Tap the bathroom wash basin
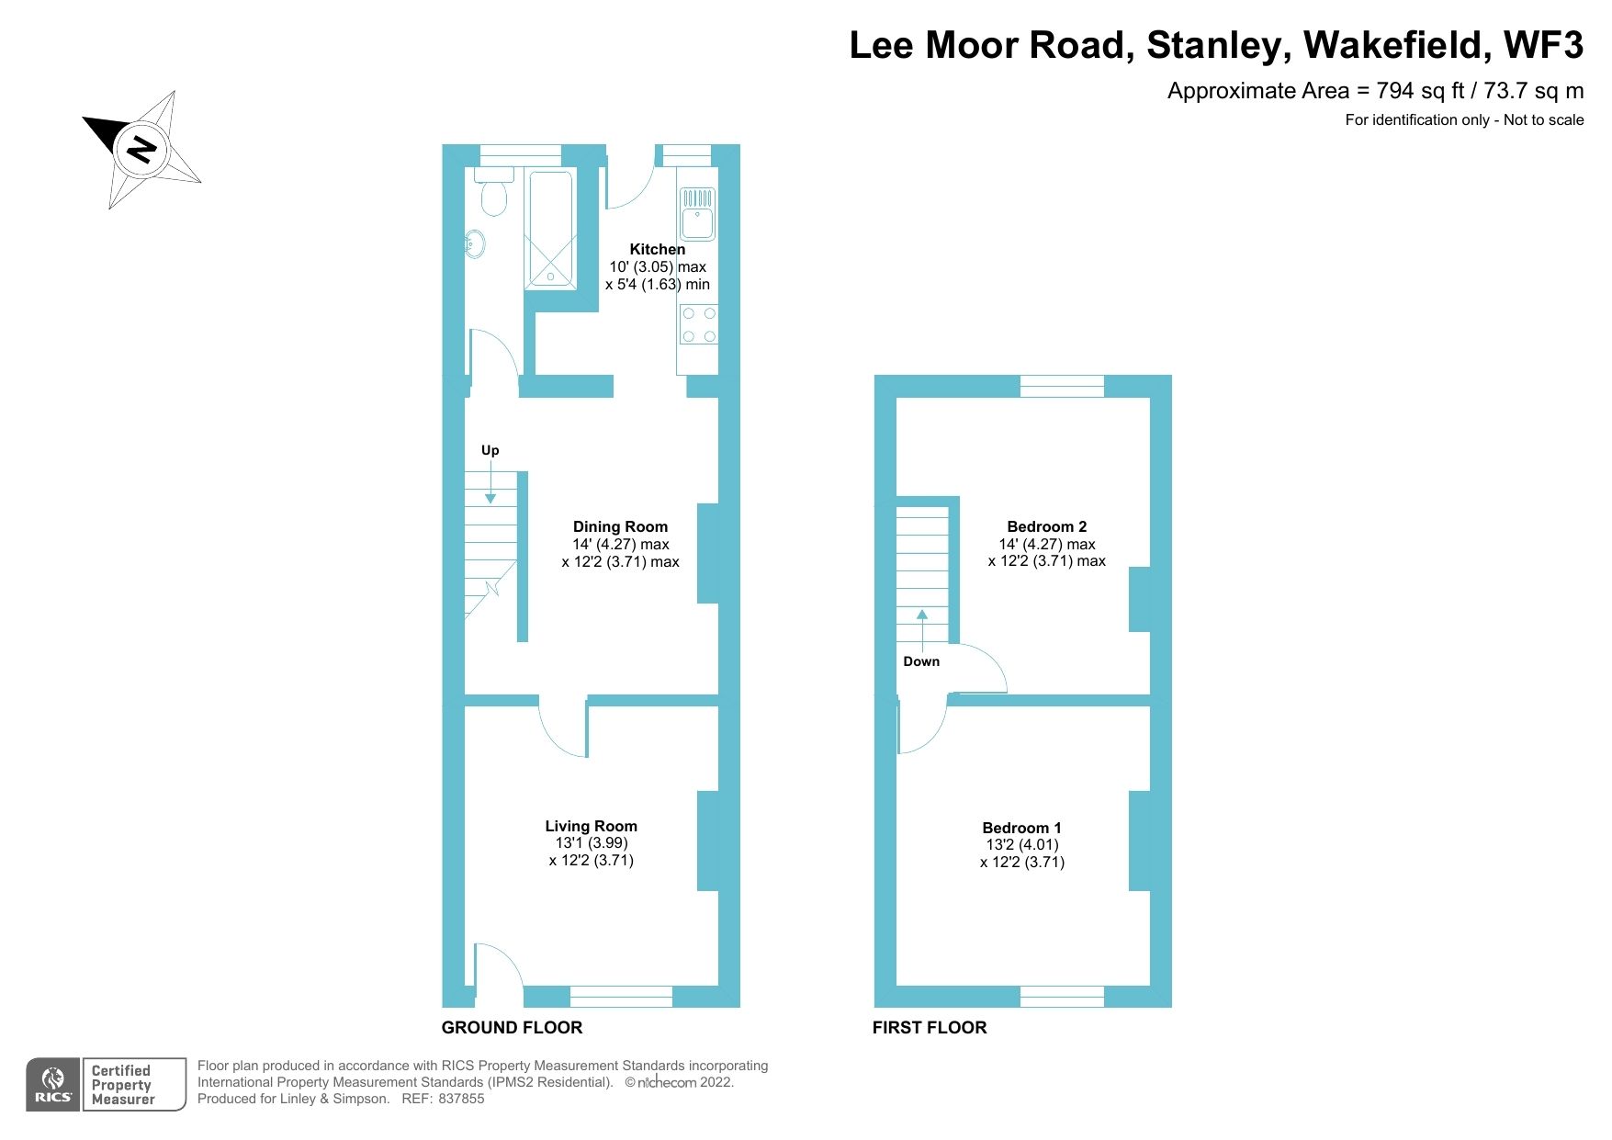pyautogui.click(x=475, y=244)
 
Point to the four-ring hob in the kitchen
pyautogui.click(x=698, y=325)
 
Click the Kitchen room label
pyautogui.click(x=657, y=249)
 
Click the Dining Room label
pyautogui.click(x=620, y=526)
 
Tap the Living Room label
pyautogui.click(x=591, y=826)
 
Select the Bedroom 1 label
pyautogui.click(x=1021, y=828)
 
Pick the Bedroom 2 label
pyautogui.click(x=1046, y=526)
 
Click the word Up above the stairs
pyautogui.click(x=490, y=450)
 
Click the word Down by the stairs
pyautogui.click(x=921, y=661)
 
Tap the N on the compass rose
pyautogui.click(x=141, y=149)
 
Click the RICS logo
pyautogui.click(x=53, y=1085)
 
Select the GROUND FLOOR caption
pyautogui.click(x=512, y=1027)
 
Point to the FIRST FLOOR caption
pyautogui.click(x=929, y=1027)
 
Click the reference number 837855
pyautogui.click(x=461, y=1099)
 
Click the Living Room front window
pyautogui.click(x=621, y=996)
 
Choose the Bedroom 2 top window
pyautogui.click(x=1062, y=386)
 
